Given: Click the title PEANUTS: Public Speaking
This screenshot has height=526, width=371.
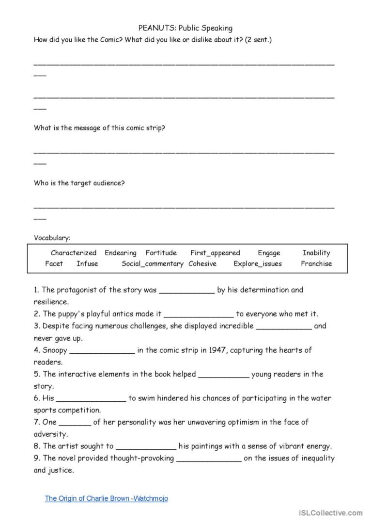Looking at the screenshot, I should pyautogui.click(x=185, y=28).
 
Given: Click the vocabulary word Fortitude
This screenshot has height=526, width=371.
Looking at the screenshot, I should pyautogui.click(x=161, y=253).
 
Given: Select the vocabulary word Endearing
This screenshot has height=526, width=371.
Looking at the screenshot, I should pyautogui.click(x=121, y=253).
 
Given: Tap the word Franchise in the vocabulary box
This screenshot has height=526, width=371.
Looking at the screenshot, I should pyautogui.click(x=316, y=264).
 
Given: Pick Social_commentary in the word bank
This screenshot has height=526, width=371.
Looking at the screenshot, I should pyautogui.click(x=153, y=264).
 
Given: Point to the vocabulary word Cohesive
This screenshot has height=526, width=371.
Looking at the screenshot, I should pyautogui.click(x=202, y=264).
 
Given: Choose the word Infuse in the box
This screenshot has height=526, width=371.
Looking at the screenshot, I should pyautogui.click(x=87, y=264).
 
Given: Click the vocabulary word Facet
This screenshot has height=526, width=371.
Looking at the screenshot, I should pyautogui.click(x=54, y=264).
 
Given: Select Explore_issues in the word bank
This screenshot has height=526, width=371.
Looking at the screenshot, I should pyautogui.click(x=258, y=264).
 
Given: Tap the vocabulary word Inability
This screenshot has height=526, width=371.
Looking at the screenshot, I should pyautogui.click(x=316, y=253).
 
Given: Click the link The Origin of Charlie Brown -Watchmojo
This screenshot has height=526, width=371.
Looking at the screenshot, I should pyautogui.click(x=107, y=498).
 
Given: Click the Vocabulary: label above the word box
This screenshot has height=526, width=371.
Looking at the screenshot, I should pyautogui.click(x=52, y=238).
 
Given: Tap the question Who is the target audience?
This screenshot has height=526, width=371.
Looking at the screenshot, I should pyautogui.click(x=79, y=183).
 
